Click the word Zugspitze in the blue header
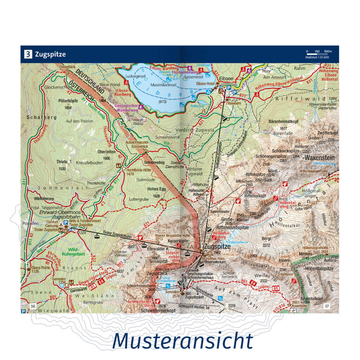[x=50, y=54]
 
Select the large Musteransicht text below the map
[x=182, y=340]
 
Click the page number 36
[x=33, y=306]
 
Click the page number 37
[x=327, y=306]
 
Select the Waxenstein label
[x=319, y=157]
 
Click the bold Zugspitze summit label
[x=217, y=247]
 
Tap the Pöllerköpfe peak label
[x=68, y=101]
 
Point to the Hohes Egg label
[x=157, y=188]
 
